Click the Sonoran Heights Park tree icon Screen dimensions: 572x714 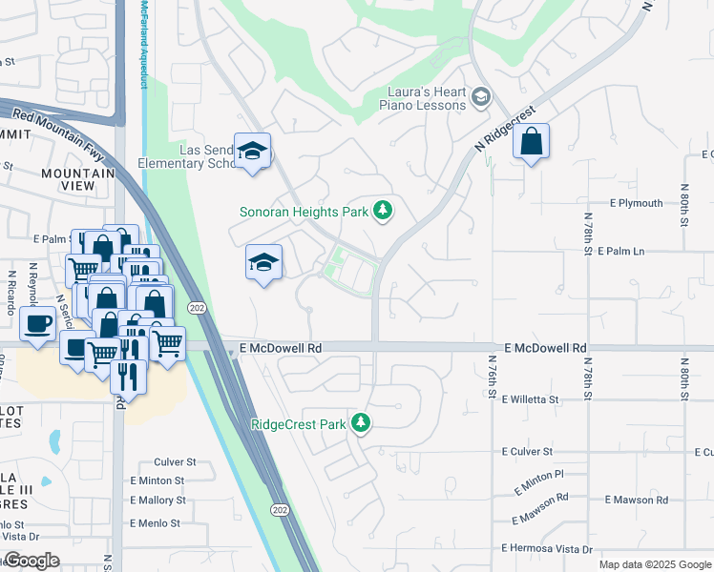(383, 210)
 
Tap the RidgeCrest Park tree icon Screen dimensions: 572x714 (361, 422)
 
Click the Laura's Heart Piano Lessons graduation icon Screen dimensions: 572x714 (480, 96)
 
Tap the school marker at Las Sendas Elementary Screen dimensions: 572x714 (253, 151)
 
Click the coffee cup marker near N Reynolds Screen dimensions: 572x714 (38, 322)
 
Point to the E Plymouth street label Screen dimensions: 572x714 (636, 203)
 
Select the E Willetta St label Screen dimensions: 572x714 (530, 398)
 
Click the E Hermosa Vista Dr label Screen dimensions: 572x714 (547, 549)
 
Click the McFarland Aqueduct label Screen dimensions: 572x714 (144, 45)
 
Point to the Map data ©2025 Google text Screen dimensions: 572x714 (654, 564)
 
